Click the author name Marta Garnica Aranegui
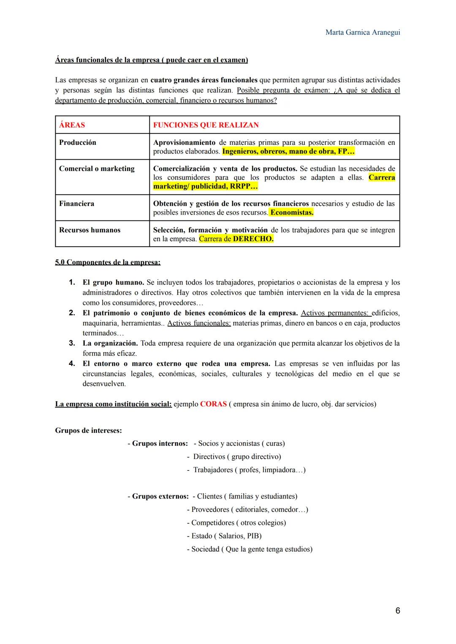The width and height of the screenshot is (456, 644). (x=363, y=33)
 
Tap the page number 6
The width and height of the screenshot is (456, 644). (x=397, y=611)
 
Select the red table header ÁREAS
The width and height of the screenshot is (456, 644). (x=72, y=125)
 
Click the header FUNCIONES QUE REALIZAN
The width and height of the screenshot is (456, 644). (x=206, y=125)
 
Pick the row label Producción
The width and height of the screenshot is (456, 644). (x=78, y=143)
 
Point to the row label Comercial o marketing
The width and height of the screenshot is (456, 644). (x=97, y=169)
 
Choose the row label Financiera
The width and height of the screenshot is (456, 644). (x=76, y=204)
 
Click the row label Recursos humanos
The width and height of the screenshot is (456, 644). (x=90, y=230)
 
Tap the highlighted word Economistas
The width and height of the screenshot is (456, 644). (x=292, y=212)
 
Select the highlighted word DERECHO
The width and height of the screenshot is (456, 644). (x=253, y=239)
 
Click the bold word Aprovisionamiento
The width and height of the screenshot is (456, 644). (x=184, y=143)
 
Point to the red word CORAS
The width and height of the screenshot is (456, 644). (x=213, y=404)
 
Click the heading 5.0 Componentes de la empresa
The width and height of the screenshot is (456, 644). (x=108, y=262)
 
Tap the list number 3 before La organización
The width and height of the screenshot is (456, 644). (x=72, y=343)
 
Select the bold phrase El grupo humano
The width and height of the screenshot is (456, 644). (x=113, y=283)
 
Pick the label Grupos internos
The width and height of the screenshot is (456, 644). (x=160, y=443)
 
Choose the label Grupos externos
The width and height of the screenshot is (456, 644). (x=160, y=496)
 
